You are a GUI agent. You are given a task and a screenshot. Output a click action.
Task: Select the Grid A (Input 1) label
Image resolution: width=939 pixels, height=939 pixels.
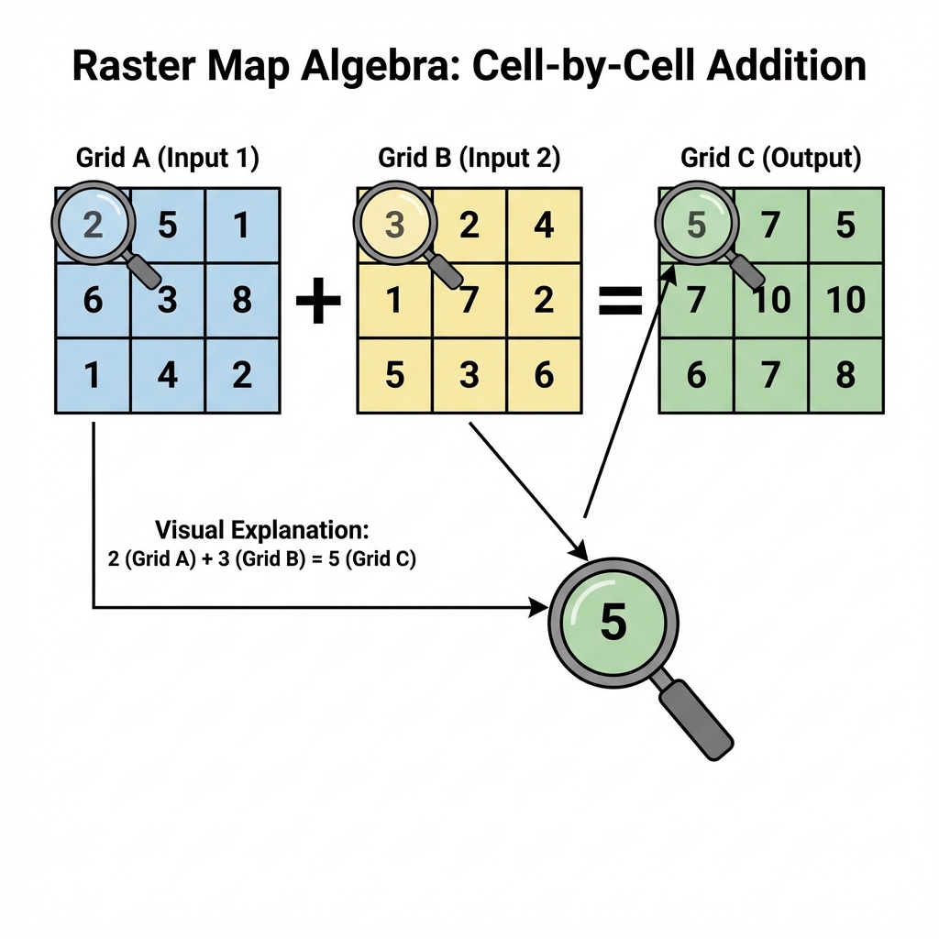click(x=168, y=158)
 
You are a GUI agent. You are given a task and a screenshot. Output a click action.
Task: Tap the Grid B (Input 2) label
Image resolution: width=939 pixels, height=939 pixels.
click(x=469, y=158)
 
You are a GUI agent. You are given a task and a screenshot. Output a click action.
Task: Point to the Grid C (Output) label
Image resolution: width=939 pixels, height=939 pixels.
click(x=771, y=158)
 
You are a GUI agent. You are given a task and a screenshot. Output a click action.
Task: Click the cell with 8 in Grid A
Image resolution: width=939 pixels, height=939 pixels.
click(x=242, y=300)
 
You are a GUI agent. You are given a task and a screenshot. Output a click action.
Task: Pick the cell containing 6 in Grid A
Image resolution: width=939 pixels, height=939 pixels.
click(x=93, y=300)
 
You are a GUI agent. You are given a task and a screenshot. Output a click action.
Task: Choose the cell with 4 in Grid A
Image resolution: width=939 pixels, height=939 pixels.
click(x=168, y=375)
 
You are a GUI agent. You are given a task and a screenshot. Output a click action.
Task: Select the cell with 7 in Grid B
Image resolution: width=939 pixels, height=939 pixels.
click(x=469, y=300)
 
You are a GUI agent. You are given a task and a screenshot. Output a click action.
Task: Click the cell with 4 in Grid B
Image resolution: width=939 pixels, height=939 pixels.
click(x=544, y=225)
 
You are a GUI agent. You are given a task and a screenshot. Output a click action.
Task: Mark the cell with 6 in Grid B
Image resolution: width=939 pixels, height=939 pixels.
click(x=544, y=375)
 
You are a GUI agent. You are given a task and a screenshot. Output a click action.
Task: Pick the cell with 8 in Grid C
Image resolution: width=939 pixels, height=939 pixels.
click(x=846, y=375)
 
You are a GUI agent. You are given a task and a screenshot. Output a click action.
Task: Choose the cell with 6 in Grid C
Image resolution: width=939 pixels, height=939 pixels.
click(x=696, y=375)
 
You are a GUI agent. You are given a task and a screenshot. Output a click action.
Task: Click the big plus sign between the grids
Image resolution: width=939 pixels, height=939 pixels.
click(x=318, y=303)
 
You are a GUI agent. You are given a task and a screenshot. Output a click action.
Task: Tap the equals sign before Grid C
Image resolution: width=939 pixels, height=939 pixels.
click(x=620, y=303)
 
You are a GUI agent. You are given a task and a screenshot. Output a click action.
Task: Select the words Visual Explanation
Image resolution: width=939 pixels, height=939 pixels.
click(x=261, y=530)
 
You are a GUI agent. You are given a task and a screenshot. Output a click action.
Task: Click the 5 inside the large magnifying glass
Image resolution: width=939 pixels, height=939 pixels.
click(x=613, y=622)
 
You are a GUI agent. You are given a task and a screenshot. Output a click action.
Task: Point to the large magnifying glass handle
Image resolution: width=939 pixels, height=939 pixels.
click(x=697, y=720)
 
